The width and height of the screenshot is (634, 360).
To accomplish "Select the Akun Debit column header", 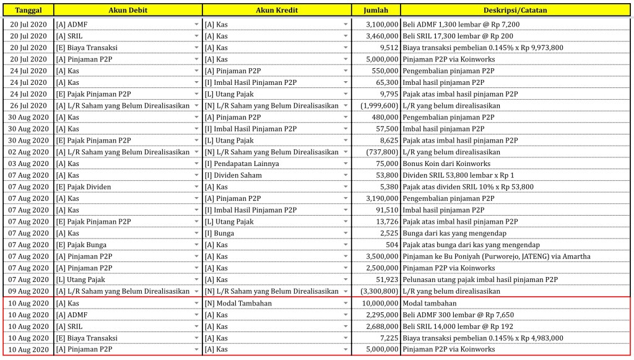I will tap(128, 11).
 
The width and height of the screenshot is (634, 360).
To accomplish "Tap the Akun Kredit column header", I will tap(276, 11).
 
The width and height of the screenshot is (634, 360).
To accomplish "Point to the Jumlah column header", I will tap(375, 11).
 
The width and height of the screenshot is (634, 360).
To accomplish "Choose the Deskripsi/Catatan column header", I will tap(515, 11).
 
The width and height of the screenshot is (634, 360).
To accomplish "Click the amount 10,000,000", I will tap(380, 303).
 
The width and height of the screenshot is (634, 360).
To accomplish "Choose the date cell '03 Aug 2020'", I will tap(28, 164).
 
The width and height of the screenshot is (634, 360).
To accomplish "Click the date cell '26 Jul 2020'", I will tap(28, 105).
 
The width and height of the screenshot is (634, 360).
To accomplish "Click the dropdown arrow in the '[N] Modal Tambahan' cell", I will tap(345, 303).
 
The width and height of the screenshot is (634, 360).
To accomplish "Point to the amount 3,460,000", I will tap(382, 36).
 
